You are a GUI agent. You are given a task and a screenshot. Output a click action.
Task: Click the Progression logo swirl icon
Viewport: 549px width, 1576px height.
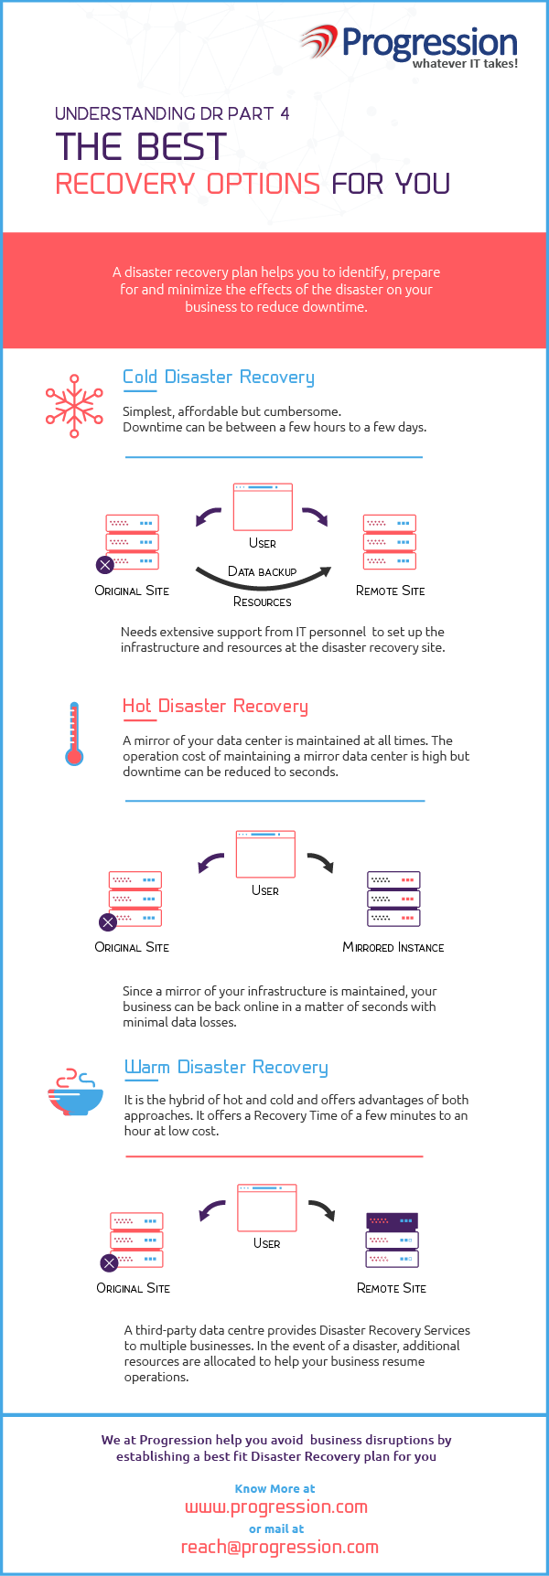319,42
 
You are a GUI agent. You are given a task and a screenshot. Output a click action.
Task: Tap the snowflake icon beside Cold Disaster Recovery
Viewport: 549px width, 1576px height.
74,406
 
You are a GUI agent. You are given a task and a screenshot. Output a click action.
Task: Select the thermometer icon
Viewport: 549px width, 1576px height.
74,733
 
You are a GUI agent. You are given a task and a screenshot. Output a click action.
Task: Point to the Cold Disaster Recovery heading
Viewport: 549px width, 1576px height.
219,377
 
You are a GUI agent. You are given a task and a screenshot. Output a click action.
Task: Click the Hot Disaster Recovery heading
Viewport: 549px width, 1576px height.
215,706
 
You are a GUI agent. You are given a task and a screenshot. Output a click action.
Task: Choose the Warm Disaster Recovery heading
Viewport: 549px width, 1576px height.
226,1067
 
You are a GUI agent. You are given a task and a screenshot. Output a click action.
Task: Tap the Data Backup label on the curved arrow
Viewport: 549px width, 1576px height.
263,571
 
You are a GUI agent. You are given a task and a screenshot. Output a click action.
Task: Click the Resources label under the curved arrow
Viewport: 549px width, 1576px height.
263,602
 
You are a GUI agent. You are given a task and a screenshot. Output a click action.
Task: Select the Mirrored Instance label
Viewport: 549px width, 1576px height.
393,947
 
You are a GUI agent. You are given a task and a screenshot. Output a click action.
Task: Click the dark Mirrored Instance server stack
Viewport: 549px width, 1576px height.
393,899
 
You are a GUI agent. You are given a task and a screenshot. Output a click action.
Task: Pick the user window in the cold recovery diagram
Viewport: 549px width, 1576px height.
263,507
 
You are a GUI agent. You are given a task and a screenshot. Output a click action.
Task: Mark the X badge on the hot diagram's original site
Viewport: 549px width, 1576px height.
108,921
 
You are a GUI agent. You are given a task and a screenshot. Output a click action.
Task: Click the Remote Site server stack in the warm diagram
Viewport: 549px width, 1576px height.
392,1240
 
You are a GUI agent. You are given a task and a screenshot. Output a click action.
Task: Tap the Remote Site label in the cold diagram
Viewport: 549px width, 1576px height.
391,591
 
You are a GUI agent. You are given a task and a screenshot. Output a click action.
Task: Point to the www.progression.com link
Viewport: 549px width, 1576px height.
276,1507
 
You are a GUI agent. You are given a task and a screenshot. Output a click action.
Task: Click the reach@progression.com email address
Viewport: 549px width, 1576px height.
280,1547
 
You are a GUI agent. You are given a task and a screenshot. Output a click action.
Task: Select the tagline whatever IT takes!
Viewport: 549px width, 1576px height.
465,63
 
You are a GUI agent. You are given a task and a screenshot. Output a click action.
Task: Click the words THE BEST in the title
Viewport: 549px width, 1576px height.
141,147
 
